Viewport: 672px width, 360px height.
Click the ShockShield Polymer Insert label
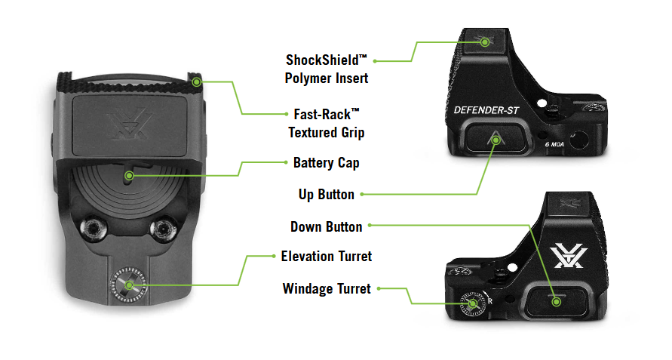[327, 68]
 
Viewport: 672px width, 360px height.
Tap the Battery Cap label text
[325, 162]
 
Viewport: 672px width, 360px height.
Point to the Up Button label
[326, 194]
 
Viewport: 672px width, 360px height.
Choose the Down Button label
[326, 226]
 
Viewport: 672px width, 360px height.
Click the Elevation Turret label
[327, 256]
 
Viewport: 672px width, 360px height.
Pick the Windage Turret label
[327, 288]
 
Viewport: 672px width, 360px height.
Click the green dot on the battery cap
[129, 176]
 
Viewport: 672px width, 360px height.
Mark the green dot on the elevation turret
[129, 285]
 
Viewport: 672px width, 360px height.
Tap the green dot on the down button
[556, 301]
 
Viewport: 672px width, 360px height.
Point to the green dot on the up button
[496, 137]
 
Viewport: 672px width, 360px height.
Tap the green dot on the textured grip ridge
[198, 81]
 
